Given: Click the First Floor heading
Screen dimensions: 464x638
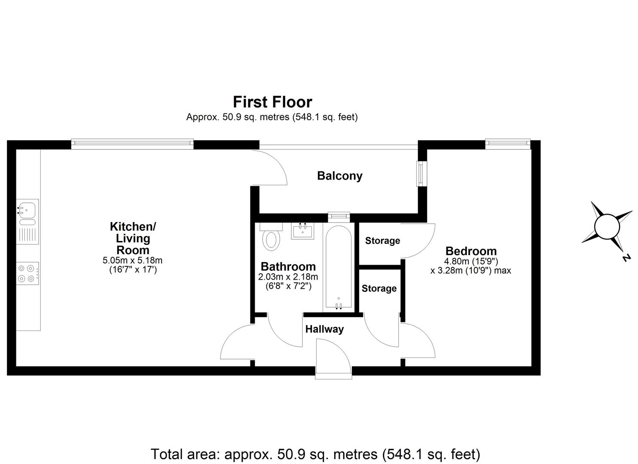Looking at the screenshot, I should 272,102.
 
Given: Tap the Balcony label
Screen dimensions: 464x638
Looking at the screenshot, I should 339,176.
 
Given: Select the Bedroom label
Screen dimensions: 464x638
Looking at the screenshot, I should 471,251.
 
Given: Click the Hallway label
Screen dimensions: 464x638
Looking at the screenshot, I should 324,329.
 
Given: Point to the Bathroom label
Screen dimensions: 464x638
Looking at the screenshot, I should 288,266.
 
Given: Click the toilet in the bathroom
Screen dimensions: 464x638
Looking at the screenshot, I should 271,239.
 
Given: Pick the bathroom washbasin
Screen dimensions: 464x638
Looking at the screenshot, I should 303,231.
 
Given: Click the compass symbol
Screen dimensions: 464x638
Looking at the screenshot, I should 606,226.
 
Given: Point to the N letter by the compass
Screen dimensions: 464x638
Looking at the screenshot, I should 626,258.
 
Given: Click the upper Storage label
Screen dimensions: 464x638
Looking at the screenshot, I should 382,241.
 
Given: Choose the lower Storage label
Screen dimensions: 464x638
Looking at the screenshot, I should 379,288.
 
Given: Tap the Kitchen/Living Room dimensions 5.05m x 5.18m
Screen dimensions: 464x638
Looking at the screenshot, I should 132,260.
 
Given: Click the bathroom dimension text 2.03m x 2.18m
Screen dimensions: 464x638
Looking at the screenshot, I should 288,277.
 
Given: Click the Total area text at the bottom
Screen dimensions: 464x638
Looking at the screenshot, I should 315,454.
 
